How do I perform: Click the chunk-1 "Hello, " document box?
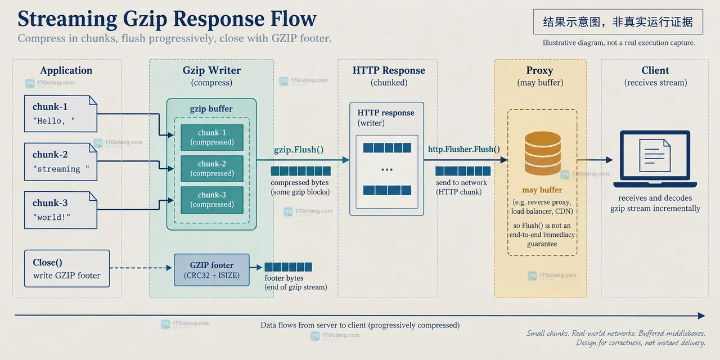click(x=61, y=114)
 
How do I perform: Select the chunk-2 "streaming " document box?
click(x=61, y=161)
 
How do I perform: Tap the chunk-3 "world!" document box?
click(x=61, y=210)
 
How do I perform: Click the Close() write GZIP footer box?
click(x=67, y=268)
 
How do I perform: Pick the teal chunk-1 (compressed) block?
click(x=212, y=137)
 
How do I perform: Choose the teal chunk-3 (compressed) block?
click(x=212, y=200)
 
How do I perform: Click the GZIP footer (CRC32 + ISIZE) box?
click(x=211, y=269)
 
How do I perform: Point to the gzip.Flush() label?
click(x=299, y=150)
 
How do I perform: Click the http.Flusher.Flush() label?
click(x=464, y=149)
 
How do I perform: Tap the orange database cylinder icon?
click(x=543, y=154)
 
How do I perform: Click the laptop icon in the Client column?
click(x=655, y=159)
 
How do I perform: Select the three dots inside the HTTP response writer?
click(x=387, y=169)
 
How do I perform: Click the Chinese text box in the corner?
click(x=618, y=22)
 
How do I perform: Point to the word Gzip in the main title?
click(x=145, y=19)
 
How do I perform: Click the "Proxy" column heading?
click(x=539, y=70)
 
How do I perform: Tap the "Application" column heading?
click(x=66, y=70)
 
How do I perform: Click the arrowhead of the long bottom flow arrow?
click(x=702, y=316)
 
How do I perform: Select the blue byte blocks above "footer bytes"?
click(x=289, y=267)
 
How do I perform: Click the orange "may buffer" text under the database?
click(x=542, y=190)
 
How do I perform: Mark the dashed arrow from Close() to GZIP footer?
click(x=141, y=268)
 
